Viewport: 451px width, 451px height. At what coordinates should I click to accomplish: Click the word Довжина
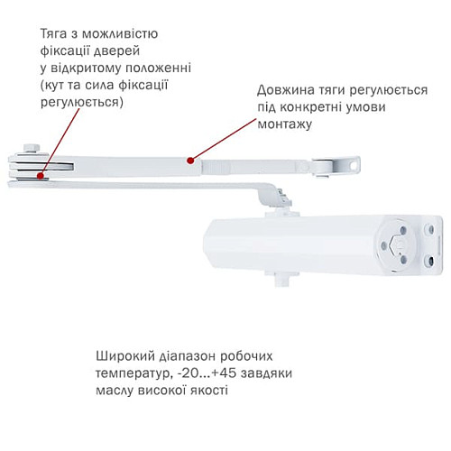tap(284, 91)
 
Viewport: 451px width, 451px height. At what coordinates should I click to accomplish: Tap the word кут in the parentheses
tap(55, 85)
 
